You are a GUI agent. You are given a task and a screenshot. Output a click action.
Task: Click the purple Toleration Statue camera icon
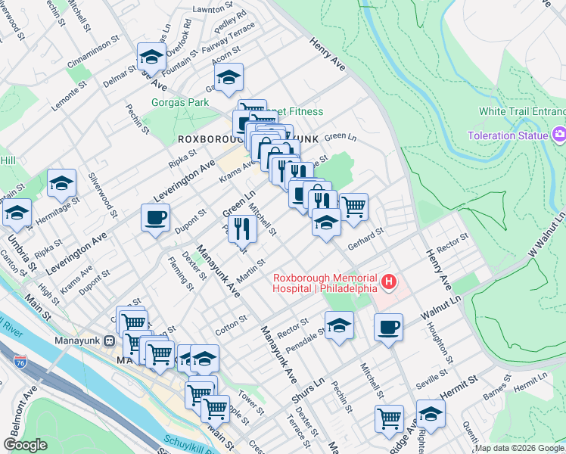559,135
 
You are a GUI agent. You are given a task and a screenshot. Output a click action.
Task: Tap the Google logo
24,445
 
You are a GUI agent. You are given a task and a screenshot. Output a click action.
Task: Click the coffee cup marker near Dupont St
155,218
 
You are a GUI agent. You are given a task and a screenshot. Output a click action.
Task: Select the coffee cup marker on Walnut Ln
388,326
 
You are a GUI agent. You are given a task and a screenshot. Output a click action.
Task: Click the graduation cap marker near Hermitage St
62,183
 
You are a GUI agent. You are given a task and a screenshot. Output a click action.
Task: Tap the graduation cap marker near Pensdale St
339,325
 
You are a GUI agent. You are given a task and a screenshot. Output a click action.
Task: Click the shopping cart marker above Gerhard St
353,205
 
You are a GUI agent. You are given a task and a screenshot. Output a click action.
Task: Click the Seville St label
432,381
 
